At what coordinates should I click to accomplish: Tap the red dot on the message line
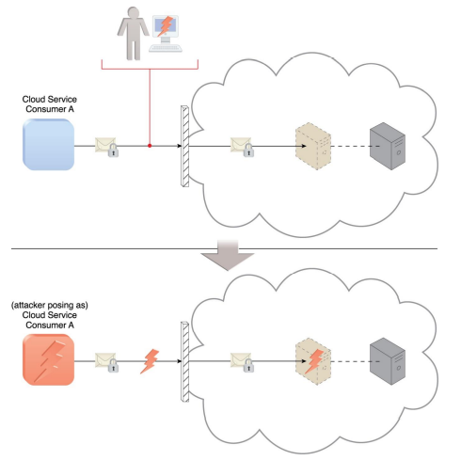150,146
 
